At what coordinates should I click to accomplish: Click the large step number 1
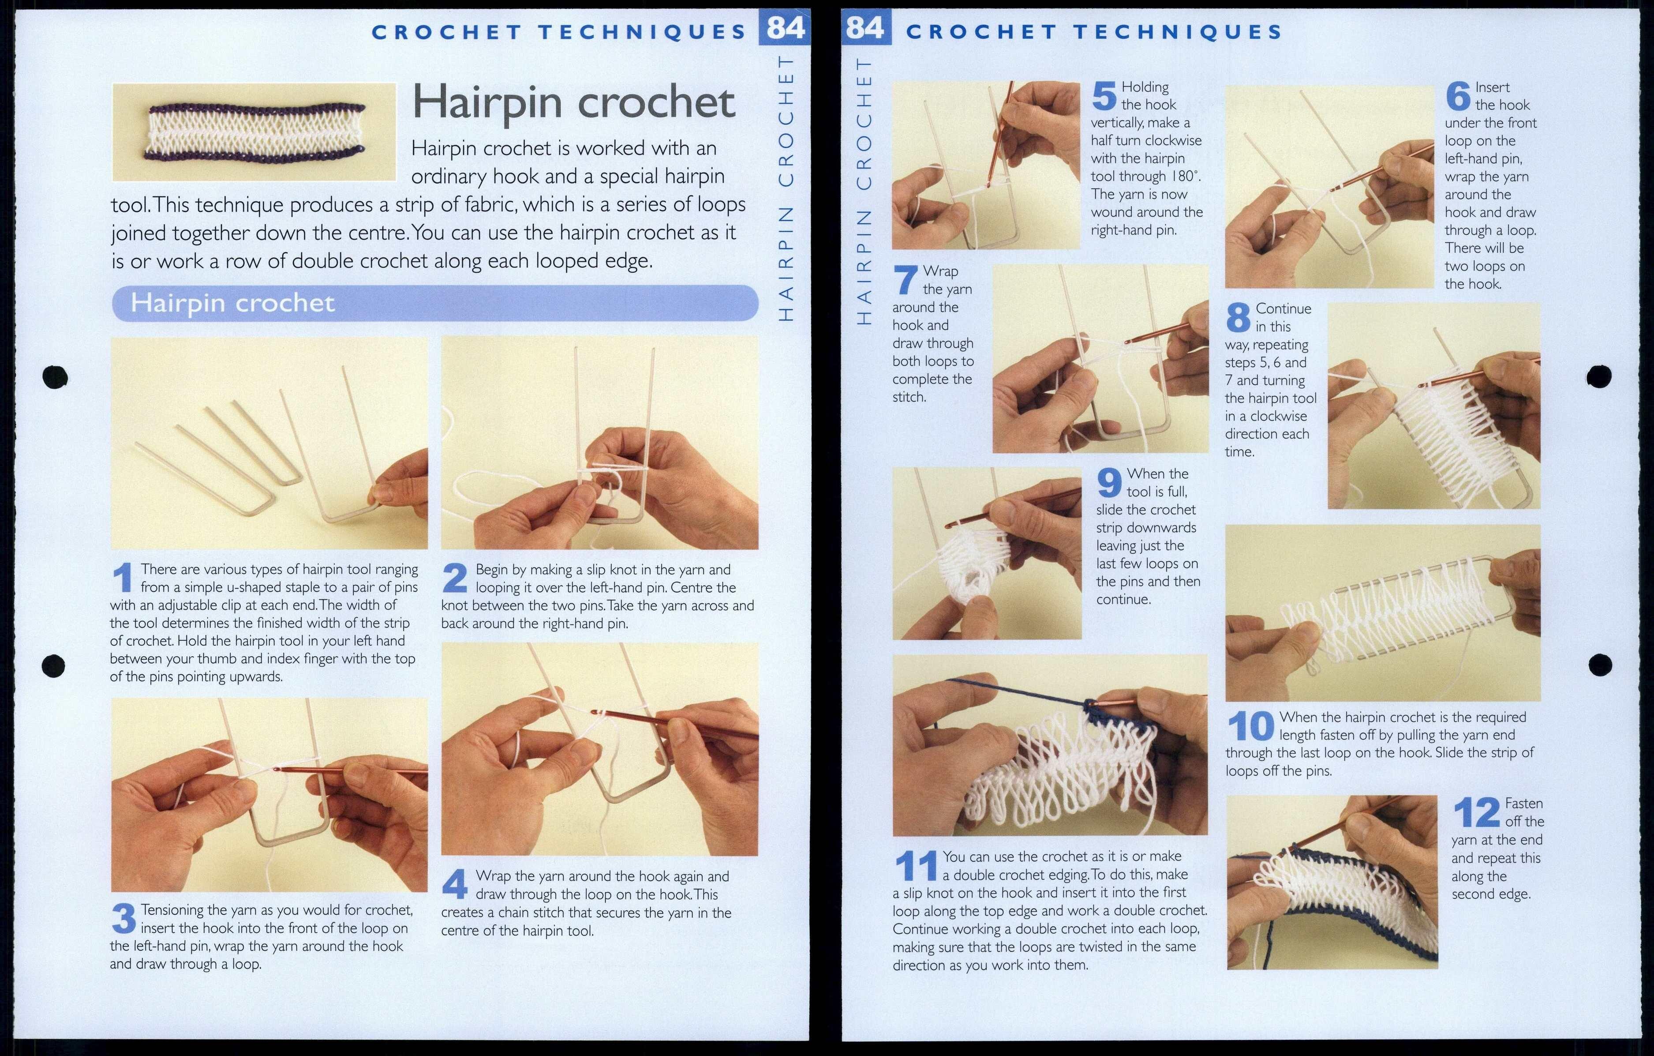coord(122,578)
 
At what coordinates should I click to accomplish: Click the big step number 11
coord(916,866)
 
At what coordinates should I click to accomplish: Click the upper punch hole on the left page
coord(55,376)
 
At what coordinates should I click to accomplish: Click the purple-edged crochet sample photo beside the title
coord(254,132)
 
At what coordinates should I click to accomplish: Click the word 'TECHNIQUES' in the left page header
coord(642,32)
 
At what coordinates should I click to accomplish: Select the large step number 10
coord(1250,726)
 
